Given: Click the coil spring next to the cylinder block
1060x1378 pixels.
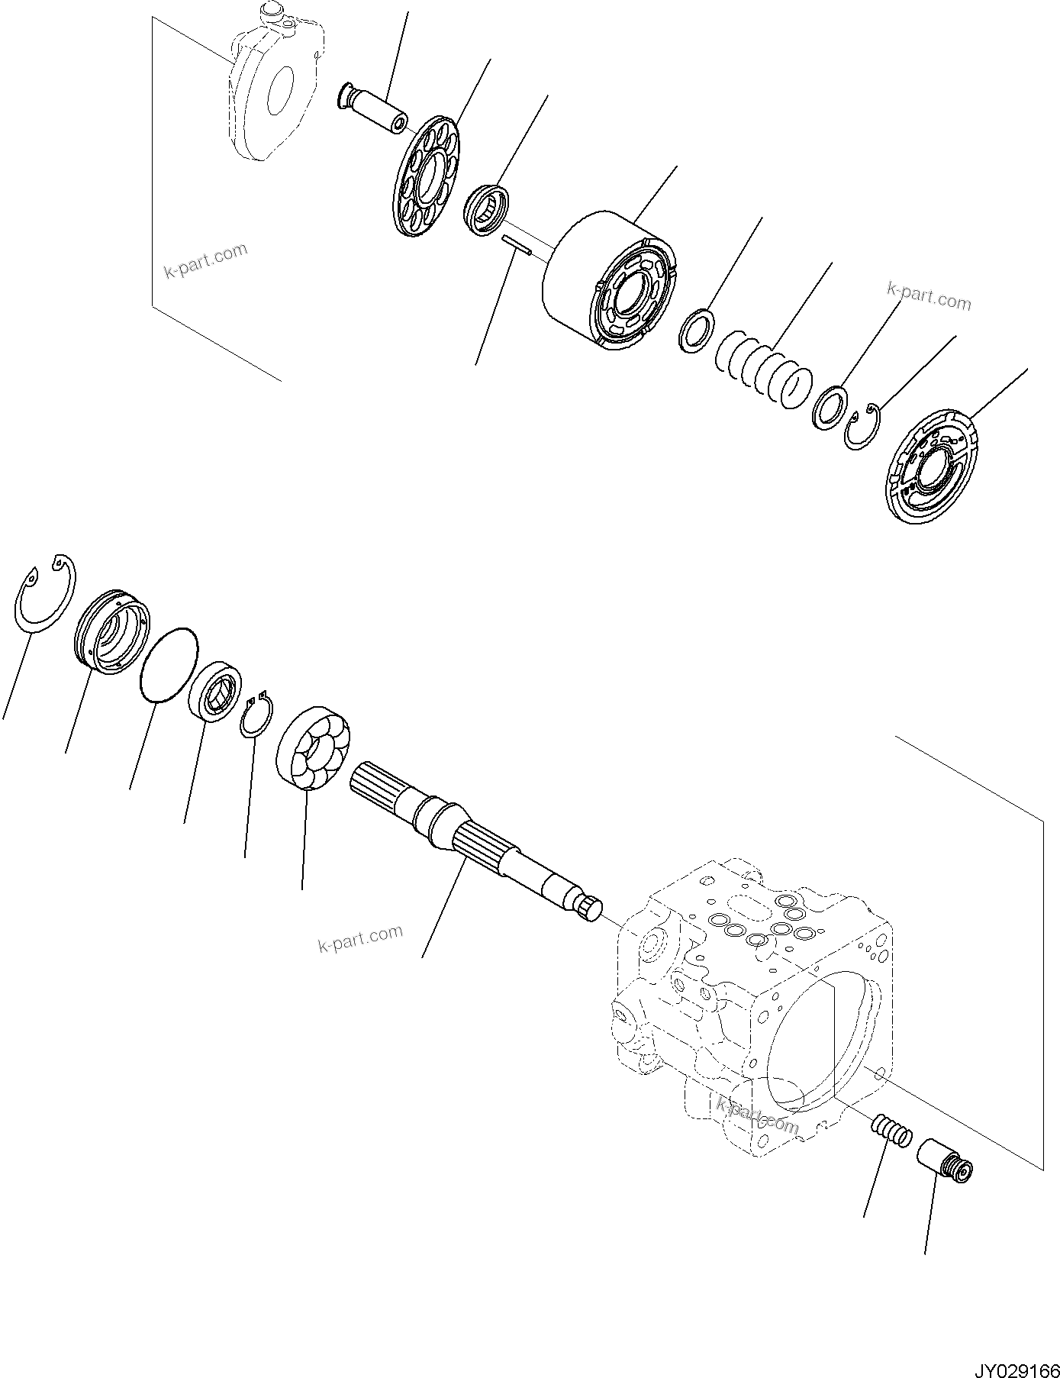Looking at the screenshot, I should point(763,366).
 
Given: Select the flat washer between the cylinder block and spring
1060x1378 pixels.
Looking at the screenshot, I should point(696,330).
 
